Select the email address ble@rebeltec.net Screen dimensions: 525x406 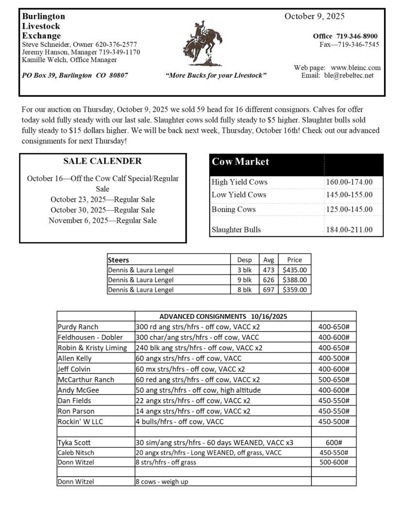pyautogui.click(x=349, y=75)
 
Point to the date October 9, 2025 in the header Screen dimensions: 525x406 pyautogui.click(x=315, y=16)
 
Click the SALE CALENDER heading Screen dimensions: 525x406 pyautogui.click(x=103, y=161)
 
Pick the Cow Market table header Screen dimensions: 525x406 pyautogui.click(x=240, y=162)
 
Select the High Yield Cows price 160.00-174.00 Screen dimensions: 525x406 pyautogui.click(x=349, y=182)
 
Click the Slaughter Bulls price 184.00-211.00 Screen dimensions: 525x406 pyautogui.click(x=349, y=229)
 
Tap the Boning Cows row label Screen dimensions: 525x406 pyautogui.click(x=233, y=210)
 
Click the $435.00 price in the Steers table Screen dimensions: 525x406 pyautogui.click(x=295, y=270)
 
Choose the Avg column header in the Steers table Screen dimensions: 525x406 pyautogui.click(x=268, y=260)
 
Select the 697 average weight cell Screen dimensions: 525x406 pyautogui.click(x=268, y=290)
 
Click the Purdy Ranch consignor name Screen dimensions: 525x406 pyautogui.click(x=78, y=327)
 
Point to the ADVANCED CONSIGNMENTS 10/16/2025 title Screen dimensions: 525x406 pyautogui.click(x=223, y=316)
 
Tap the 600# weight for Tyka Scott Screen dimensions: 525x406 pyautogui.click(x=334, y=442)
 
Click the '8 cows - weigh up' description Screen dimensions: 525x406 pyautogui.click(x=162, y=482)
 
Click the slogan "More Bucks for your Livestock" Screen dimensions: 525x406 pyautogui.click(x=216, y=76)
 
